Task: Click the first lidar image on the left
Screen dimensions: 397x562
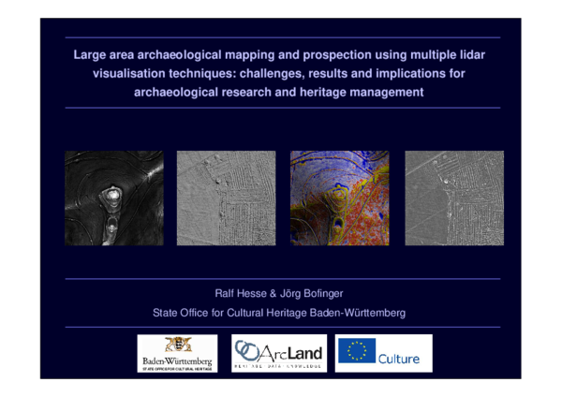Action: click(113, 198)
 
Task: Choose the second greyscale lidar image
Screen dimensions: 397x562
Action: click(226, 198)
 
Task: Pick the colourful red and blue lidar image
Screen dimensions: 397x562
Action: click(339, 198)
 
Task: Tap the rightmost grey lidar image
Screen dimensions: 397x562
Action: click(453, 198)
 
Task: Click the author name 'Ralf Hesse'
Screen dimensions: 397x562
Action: click(240, 293)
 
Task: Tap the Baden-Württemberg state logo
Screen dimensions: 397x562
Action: click(177, 353)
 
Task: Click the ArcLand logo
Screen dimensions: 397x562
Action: click(279, 353)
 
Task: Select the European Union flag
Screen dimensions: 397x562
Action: click(357, 351)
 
